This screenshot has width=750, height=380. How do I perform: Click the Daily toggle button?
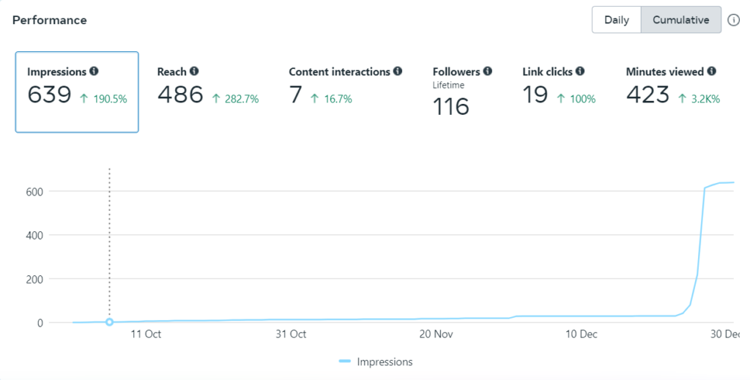617,21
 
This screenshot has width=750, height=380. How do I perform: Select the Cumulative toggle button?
680,21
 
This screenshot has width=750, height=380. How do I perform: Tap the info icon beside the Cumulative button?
734,21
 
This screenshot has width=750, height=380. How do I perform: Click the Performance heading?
50,21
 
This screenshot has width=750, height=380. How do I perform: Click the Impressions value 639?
49,95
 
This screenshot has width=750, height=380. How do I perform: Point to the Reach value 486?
180,95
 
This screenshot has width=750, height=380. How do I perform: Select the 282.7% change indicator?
235,99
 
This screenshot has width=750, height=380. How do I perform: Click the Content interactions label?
339,72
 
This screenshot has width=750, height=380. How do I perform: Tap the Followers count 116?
451,107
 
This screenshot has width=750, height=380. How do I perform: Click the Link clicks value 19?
535,95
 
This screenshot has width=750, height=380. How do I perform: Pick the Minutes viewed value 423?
647,95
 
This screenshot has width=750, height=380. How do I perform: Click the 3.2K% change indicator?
699,99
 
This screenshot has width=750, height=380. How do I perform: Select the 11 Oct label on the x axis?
146,335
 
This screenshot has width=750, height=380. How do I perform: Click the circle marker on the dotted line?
109,322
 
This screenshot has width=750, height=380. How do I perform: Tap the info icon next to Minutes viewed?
712,72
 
